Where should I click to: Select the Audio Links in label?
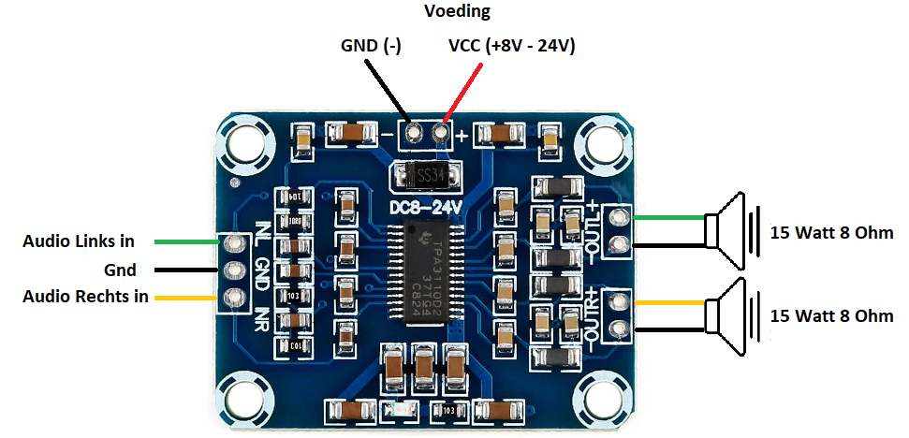pyautogui.click(x=79, y=241)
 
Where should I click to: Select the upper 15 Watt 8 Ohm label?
pyautogui.click(x=831, y=232)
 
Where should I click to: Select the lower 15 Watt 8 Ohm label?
pyautogui.click(x=831, y=316)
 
